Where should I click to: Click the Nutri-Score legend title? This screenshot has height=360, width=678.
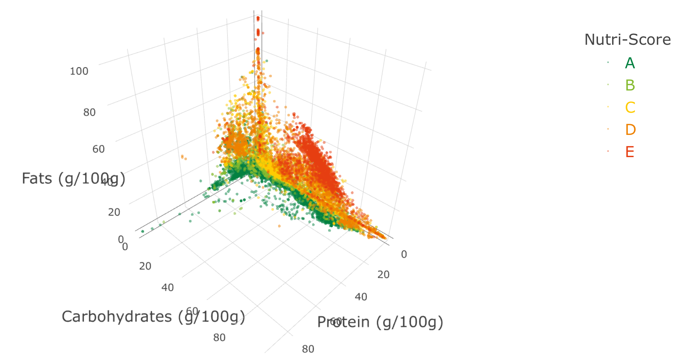628,40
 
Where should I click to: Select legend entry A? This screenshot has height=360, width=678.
630,63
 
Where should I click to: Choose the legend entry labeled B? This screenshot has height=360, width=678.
630,85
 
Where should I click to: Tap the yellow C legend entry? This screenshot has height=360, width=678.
630,107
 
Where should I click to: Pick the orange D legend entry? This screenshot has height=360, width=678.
630,130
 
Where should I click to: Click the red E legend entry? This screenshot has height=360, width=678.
630,152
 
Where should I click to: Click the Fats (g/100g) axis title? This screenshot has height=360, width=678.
73,178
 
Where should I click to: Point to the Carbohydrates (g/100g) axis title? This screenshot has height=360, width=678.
153,317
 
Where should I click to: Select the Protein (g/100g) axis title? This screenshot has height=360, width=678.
380,322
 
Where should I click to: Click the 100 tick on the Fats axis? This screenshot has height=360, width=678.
79,71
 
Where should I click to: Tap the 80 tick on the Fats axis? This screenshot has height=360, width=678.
89,112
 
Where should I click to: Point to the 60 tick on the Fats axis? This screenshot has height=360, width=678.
99,149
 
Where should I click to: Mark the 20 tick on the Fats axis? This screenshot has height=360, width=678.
114,212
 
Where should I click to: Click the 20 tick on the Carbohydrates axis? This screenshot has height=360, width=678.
145,266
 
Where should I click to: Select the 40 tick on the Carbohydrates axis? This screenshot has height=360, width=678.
167,288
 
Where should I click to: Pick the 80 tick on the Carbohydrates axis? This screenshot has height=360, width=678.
219,337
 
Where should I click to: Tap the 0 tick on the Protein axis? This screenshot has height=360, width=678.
404,254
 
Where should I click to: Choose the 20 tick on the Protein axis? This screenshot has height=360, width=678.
383,275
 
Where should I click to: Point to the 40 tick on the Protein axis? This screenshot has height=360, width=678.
361,297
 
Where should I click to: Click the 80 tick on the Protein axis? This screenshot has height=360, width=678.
308,349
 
